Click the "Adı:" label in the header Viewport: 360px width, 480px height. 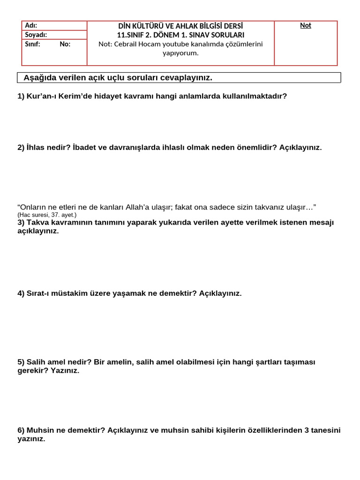(31, 26)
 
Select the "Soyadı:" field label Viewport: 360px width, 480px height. (36, 35)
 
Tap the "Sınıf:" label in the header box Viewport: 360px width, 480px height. (33, 44)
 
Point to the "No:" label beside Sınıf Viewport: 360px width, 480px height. (65, 44)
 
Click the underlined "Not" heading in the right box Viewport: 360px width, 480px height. (306, 26)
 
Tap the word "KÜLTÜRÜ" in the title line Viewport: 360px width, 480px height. (149, 26)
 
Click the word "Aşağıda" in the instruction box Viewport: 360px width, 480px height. (39, 78)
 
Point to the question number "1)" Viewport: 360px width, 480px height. (21, 96)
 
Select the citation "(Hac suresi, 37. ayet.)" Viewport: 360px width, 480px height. (47, 215)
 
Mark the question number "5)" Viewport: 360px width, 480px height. (21, 362)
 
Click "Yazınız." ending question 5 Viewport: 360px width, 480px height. (65, 371)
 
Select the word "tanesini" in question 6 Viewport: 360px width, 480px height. (325, 430)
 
